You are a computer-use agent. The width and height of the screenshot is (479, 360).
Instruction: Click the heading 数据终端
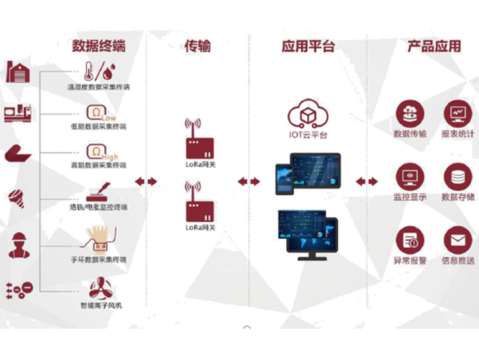[98, 46]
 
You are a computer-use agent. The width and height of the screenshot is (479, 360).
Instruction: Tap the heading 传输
[197, 46]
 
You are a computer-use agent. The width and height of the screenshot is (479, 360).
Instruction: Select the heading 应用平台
[308, 46]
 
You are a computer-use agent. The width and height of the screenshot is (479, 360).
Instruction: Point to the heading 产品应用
[434, 46]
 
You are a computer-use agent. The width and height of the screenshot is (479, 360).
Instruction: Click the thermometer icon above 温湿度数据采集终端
[91, 71]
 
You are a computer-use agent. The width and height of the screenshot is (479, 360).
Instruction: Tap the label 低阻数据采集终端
[98, 126]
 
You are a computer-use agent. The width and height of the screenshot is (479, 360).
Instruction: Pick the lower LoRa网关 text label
[201, 227]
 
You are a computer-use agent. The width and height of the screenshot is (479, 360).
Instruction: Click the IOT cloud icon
[308, 115]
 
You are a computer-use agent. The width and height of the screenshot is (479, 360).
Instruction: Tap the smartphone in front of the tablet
[284, 179]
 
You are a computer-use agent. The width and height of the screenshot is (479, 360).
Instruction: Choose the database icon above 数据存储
[457, 176]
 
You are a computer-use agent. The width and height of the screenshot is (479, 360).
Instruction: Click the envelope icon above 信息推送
[457, 240]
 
